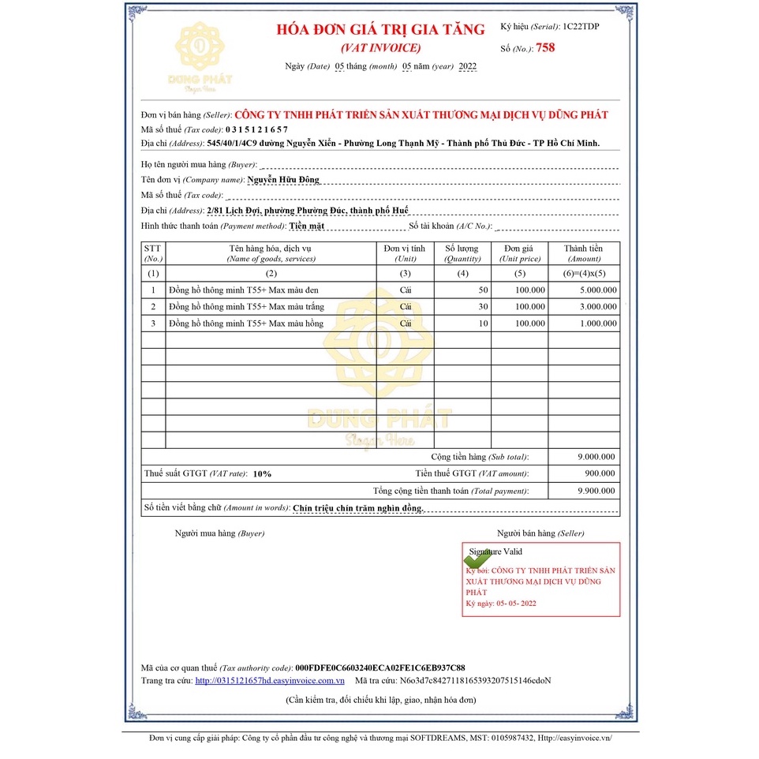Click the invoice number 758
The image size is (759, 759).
545,48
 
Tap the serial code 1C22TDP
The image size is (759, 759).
581,27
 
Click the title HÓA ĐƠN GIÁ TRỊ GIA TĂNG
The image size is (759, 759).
380,30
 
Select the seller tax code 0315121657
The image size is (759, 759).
256,129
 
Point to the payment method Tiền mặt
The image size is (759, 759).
306,226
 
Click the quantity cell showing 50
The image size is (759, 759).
483,290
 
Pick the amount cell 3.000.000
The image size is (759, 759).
597,307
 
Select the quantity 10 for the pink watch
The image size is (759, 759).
483,323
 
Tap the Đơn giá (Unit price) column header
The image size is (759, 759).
519,253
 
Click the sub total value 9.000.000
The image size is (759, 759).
597,457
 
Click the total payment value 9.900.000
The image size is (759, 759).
597,491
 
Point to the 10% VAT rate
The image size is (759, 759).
262,474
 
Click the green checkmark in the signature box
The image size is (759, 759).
479,555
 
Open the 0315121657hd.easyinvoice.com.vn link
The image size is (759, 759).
270,680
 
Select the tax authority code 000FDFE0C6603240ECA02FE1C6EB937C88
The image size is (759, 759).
379,667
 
